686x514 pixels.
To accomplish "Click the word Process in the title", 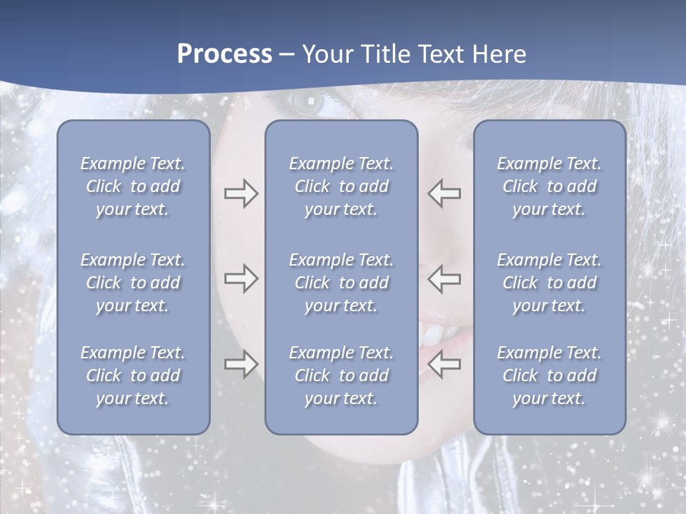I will [x=224, y=54].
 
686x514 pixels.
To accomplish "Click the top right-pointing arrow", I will [x=241, y=193].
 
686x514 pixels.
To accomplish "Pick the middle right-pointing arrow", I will [x=241, y=278].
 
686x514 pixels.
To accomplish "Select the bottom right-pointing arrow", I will [x=241, y=364].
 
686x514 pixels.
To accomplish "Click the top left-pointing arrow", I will [x=444, y=193].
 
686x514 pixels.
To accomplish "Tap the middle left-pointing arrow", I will [x=444, y=278].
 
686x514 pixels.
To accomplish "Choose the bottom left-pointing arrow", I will [x=444, y=364].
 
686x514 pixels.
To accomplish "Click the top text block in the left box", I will [x=133, y=186].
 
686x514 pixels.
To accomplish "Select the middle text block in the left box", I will [x=133, y=283].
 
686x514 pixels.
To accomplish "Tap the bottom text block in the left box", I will [x=133, y=376].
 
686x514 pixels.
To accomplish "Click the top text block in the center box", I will [x=341, y=186].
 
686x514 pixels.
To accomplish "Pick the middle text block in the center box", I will [x=341, y=283].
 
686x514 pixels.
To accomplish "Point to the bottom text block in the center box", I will [x=341, y=376].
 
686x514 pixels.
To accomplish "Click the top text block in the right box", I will [x=549, y=186].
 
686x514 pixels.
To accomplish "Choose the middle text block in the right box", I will [x=549, y=283].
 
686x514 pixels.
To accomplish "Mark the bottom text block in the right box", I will [x=549, y=376].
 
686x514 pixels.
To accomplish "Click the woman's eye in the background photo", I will [x=307, y=102].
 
